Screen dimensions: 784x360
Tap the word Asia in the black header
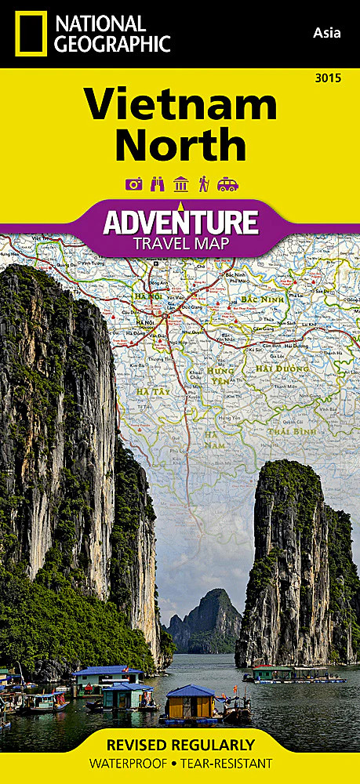325,32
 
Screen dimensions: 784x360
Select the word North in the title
180,145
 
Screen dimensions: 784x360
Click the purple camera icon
133,185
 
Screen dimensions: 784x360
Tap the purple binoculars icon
157,185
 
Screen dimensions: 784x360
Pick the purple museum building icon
180,185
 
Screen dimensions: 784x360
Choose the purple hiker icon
204,185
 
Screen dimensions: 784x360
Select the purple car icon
228,185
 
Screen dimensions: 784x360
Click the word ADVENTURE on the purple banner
181,222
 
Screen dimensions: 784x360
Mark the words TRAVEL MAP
181,243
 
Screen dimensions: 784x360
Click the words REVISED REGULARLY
180,745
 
